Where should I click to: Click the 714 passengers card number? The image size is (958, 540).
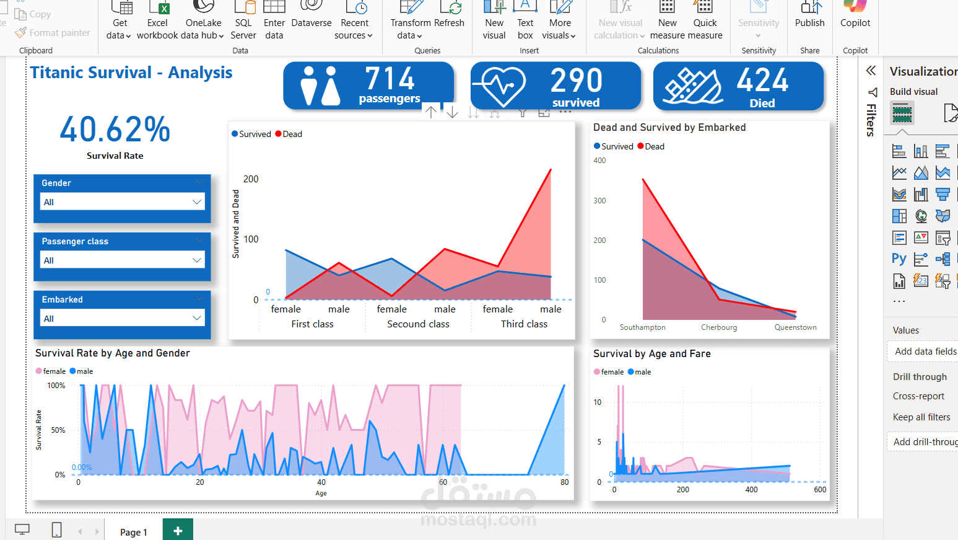point(390,79)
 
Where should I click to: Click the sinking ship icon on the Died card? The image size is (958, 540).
point(693,86)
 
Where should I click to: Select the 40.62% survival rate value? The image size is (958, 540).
point(115,130)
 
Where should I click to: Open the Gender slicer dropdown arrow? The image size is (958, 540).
point(197,202)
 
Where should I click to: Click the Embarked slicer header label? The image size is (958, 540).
point(63,299)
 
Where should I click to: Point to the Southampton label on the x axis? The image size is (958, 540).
point(643,327)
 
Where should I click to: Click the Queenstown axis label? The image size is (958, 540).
point(795,327)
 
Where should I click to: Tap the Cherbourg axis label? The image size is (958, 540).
point(719,327)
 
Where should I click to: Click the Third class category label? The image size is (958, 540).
point(524,324)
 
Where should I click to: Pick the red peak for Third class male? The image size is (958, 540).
point(551,169)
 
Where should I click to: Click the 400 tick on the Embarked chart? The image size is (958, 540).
point(599,161)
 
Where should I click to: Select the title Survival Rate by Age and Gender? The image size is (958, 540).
point(113,353)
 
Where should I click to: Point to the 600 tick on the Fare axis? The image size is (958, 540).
point(820,490)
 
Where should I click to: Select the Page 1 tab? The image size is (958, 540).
point(133,532)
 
